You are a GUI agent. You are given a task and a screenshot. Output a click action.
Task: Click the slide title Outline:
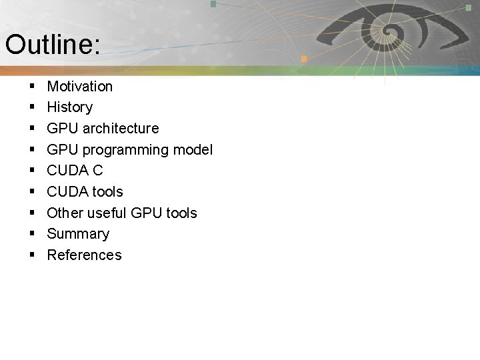tap(53, 45)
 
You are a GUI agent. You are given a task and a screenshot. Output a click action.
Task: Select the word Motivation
tap(80, 86)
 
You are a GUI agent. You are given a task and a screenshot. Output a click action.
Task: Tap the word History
tap(70, 107)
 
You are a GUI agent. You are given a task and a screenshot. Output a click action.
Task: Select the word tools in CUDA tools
tap(107, 191)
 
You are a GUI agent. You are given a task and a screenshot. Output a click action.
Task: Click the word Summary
tap(78, 233)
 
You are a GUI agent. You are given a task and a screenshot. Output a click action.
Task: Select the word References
tap(84, 255)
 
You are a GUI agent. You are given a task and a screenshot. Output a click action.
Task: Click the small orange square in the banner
tap(303, 59)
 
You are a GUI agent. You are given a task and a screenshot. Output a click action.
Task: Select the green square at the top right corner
tap(469, 7)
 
